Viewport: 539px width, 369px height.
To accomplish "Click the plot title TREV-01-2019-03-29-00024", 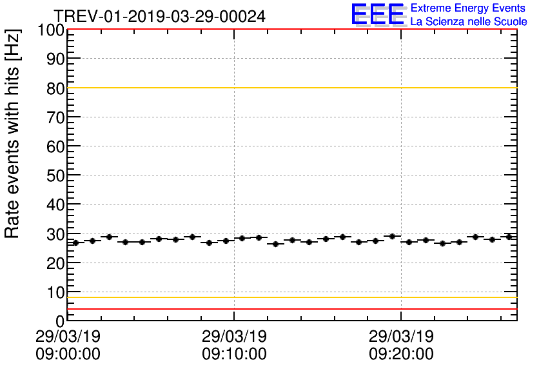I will coord(159,16).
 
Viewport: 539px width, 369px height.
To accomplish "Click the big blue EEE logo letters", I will coord(378,14).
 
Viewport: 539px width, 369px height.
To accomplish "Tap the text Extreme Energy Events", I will coord(468,8).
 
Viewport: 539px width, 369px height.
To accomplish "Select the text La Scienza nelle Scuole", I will coord(469,21).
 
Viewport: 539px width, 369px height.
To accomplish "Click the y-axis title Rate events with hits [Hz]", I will coord(14,134).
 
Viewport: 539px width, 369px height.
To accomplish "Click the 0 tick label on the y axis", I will coord(59,321).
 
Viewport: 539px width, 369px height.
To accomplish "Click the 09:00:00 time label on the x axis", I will coord(68,354).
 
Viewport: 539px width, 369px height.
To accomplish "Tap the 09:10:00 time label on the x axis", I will coord(234,354).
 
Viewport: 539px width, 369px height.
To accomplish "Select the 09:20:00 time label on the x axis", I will coord(401,354).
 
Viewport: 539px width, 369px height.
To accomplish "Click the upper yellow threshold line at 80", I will coord(290,88).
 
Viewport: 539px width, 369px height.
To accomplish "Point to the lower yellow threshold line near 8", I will coord(290,297).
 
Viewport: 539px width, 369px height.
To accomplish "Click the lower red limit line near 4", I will coord(290,309).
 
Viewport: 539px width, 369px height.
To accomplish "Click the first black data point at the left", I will coord(75,243).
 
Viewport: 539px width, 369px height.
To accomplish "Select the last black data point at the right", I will coord(509,237).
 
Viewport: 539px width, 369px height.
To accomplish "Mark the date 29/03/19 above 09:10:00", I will coord(234,337).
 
